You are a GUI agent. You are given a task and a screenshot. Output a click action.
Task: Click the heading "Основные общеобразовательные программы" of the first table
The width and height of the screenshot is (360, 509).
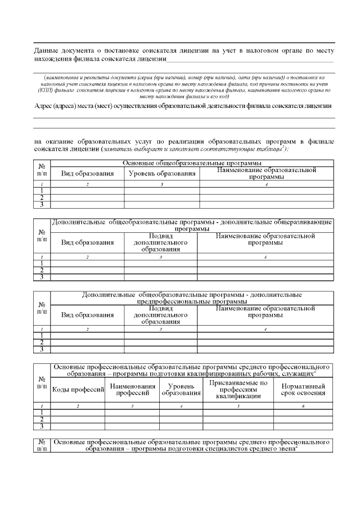191,163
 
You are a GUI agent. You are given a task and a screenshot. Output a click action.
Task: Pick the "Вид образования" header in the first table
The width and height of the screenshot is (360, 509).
87,174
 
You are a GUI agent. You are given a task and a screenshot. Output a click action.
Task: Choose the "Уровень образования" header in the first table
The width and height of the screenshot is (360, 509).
162,174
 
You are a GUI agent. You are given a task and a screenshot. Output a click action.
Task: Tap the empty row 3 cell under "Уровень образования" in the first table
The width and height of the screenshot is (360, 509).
160,205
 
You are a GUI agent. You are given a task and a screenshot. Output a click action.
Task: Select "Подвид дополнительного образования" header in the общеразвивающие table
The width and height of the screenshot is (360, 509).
160,242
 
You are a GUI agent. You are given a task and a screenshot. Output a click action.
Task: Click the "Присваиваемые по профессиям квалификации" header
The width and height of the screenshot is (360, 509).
238,389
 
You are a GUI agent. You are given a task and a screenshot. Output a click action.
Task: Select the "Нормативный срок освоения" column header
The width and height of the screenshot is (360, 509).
303,390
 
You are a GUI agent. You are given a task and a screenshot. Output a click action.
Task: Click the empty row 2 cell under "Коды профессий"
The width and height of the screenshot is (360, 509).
78,419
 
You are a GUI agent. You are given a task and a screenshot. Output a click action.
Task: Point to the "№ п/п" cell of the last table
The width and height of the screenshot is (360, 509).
42,445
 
